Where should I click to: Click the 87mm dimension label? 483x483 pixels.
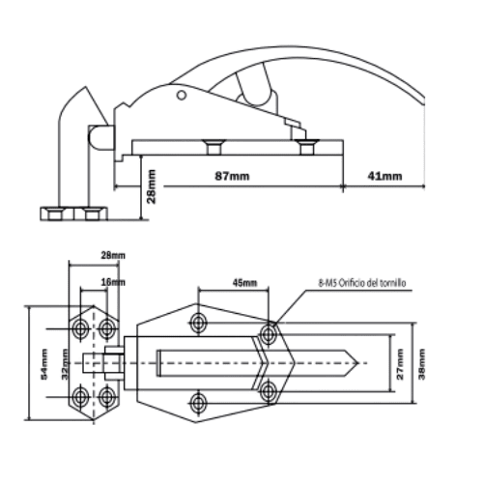point(232,176)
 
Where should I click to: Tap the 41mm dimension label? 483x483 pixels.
point(384,176)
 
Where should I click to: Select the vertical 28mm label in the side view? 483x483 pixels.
point(151,186)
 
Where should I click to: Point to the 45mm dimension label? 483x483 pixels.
point(244,283)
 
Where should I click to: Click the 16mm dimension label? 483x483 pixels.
point(113,282)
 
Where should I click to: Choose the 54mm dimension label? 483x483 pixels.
point(44,364)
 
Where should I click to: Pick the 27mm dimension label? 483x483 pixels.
point(400,364)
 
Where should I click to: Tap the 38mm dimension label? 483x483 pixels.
point(421,364)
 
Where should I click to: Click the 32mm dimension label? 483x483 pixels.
point(65,364)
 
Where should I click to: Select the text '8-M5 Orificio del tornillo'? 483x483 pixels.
point(362,283)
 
